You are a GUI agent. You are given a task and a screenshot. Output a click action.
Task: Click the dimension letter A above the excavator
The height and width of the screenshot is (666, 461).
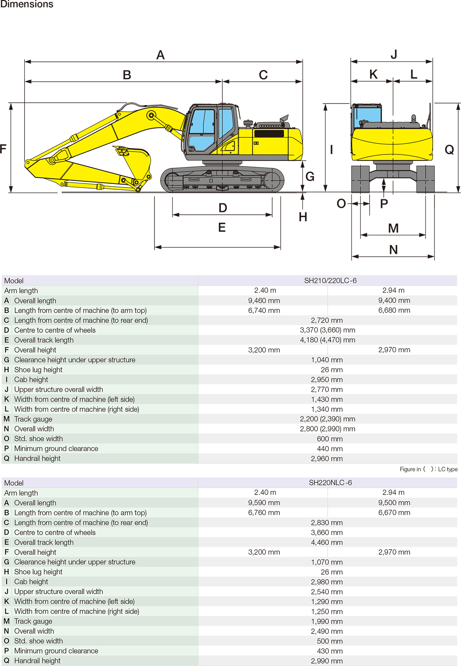pos(161,55)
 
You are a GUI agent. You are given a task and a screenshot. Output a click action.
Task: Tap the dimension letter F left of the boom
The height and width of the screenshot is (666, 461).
pos(3,149)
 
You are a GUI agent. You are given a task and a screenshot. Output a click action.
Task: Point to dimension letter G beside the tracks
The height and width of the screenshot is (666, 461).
pos(310,176)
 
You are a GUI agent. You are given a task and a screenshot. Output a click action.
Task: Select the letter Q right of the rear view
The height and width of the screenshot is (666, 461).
pos(449,150)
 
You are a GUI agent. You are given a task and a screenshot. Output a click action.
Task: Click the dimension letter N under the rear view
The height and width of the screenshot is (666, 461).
pos(393,250)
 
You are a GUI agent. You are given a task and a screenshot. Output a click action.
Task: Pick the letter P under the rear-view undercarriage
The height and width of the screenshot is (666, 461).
pos(384,204)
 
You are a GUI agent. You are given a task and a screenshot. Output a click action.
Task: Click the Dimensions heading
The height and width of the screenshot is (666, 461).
pos(27,4)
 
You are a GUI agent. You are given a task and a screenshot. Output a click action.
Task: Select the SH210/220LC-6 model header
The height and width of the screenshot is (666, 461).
pos(330,281)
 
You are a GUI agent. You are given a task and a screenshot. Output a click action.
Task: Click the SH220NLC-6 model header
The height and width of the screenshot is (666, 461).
pos(330,483)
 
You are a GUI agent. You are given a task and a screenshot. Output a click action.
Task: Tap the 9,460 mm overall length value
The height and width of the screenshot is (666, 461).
pos(264,300)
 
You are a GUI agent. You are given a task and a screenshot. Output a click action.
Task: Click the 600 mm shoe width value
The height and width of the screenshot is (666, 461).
pos(330,439)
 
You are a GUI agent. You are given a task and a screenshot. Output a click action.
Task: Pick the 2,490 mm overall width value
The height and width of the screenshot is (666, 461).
pos(327,631)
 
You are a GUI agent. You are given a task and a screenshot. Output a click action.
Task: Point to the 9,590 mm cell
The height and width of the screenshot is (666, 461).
pos(264,503)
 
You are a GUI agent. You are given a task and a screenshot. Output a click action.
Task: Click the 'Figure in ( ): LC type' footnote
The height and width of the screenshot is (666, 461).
pos(428,469)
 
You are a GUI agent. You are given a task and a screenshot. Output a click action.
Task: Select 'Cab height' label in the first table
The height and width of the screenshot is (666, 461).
pos(31,380)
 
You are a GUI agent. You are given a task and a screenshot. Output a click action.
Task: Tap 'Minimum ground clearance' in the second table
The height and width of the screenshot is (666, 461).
pos(56,651)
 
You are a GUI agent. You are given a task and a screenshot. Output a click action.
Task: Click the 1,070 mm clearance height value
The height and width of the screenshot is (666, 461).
pos(327,562)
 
